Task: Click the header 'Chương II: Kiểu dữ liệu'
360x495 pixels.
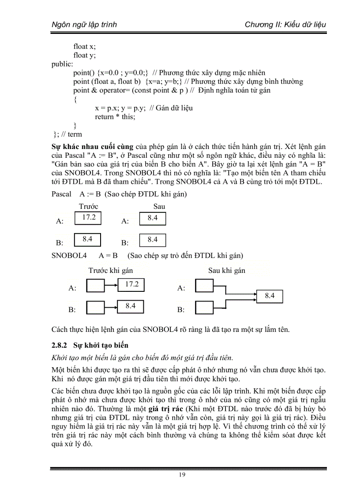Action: click(285, 24)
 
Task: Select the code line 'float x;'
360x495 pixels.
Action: click(84, 46)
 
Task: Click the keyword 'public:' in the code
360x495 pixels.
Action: click(62, 64)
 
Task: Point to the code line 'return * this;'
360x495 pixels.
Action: click(115, 117)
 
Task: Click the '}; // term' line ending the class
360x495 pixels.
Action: click(67, 134)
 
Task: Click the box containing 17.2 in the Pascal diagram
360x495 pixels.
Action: click(88, 218)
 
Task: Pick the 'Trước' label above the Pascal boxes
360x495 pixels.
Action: click(88, 206)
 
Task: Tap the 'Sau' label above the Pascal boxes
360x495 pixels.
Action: click(159, 206)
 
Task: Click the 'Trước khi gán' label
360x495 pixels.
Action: click(110, 271)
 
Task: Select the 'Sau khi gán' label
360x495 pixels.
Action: click(226, 271)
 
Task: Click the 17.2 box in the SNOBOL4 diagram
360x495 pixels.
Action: click(131, 285)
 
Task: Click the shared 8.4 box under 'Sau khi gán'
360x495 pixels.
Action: click(270, 296)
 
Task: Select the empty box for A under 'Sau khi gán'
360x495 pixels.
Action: click(203, 287)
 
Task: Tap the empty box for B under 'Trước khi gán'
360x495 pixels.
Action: click(95, 307)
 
